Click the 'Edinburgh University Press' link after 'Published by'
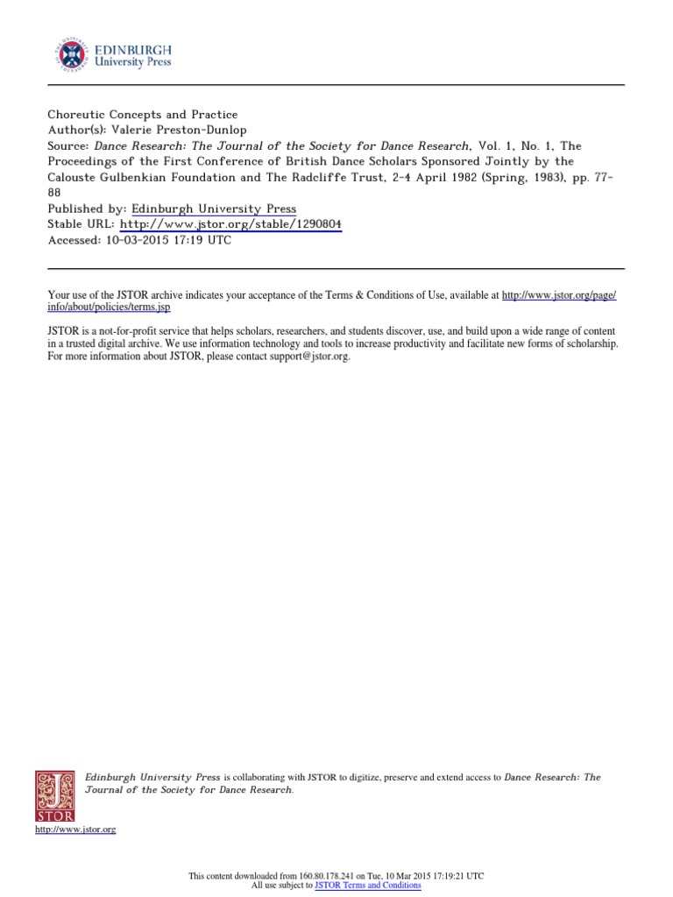pyautogui.click(x=214, y=208)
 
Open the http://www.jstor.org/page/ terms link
pyautogui.click(x=558, y=297)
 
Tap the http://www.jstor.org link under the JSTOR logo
pyautogui.click(x=75, y=829)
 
